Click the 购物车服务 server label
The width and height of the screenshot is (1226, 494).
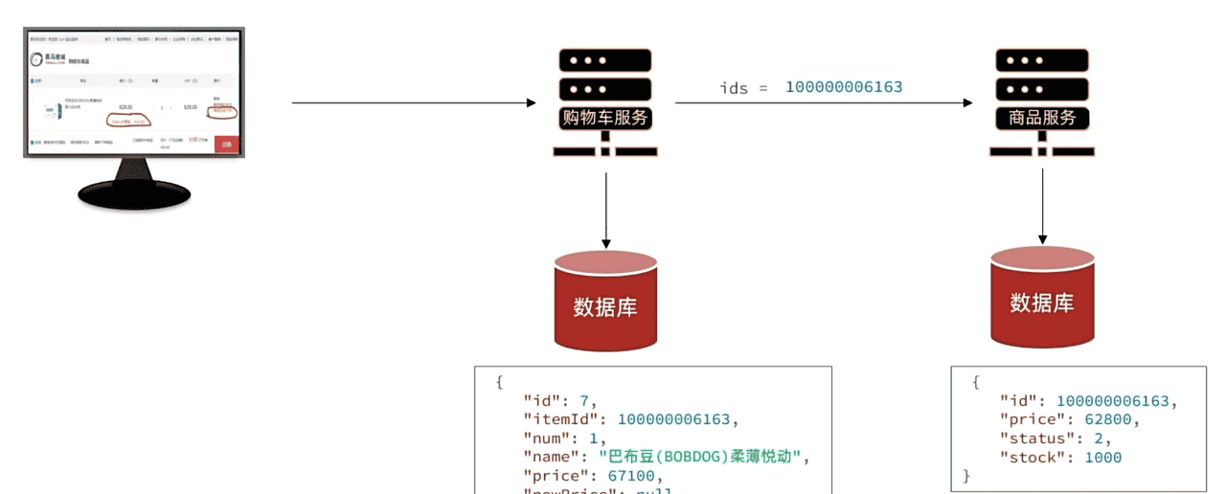click(605, 119)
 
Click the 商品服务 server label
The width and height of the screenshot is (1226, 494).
click(1042, 119)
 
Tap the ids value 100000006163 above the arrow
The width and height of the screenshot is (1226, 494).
click(844, 87)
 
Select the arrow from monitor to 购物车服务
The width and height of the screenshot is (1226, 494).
click(412, 102)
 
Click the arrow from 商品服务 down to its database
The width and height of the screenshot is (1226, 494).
click(1042, 207)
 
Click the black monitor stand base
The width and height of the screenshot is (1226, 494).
click(134, 195)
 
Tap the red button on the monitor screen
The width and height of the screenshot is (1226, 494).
click(226, 145)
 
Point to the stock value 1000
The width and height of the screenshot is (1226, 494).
click(1102, 458)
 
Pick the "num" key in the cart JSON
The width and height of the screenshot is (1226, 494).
click(546, 438)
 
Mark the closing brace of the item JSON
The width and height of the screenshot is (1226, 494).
click(966, 476)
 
